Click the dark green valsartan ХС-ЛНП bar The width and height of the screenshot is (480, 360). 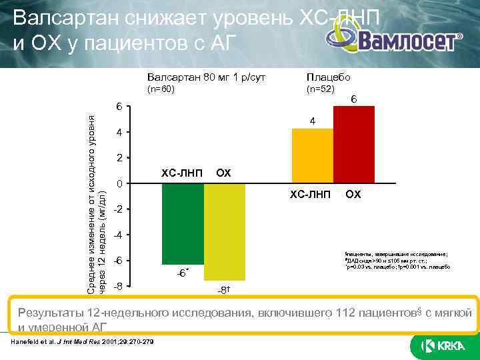(183, 223)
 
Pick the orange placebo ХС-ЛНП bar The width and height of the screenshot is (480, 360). (313, 155)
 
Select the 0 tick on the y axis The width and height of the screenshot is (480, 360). (118, 183)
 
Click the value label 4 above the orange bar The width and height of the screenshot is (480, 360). (313, 121)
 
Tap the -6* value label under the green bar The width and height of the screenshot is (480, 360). (181, 273)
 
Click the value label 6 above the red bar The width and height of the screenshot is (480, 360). (354, 99)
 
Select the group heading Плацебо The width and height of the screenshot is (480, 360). (323, 77)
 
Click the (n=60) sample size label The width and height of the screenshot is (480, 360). (161, 89)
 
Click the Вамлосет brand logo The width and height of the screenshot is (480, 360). (408, 41)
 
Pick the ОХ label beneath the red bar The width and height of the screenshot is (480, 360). (353, 195)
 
